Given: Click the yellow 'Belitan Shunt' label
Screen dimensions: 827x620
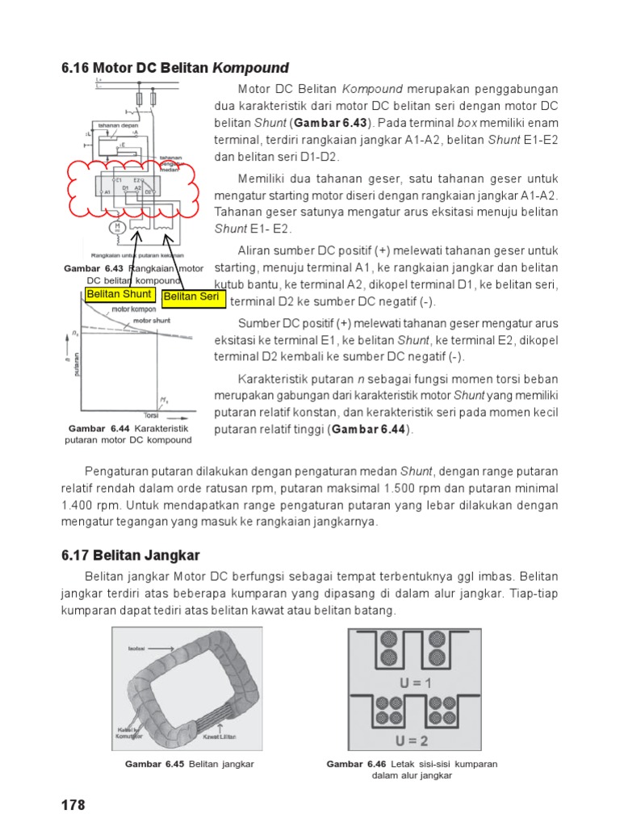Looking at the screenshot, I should pos(119,294).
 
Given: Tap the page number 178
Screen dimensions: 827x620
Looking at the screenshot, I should pos(73,805).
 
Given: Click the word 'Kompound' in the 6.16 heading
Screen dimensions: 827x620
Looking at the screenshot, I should pos(250,67).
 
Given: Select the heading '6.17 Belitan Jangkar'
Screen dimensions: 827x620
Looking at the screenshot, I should pos(130,555).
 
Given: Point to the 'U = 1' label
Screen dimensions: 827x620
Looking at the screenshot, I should pos(416,682).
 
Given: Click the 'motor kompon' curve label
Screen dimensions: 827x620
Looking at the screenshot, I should pos(133,309).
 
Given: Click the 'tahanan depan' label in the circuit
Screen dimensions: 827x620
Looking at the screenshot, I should pos(116,125).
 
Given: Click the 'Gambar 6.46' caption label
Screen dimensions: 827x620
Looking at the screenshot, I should pos(356,764).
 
